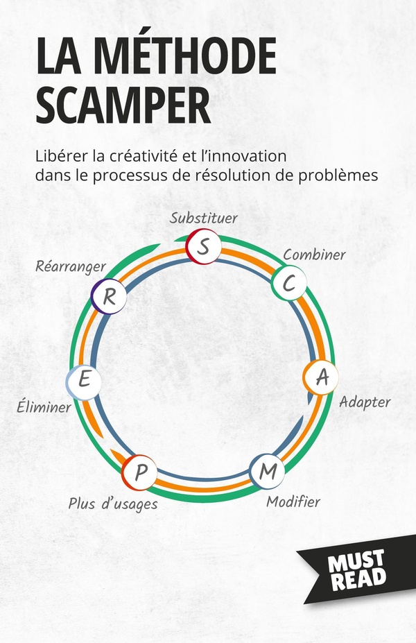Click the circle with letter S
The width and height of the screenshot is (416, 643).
click(x=203, y=246)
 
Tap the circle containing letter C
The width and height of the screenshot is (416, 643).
click(x=289, y=282)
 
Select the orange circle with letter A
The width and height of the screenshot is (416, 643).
click(x=321, y=377)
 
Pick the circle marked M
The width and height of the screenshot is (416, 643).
click(x=267, y=471)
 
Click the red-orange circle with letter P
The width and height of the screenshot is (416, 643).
click(x=139, y=472)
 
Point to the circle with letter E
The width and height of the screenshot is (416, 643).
click(x=84, y=382)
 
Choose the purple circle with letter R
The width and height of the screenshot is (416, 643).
click(x=109, y=296)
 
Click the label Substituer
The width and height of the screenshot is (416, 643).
click(x=204, y=218)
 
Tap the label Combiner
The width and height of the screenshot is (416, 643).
click(x=314, y=255)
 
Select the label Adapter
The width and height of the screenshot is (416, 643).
click(x=365, y=402)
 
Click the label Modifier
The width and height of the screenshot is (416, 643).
click(x=293, y=501)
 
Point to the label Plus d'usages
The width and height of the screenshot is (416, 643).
click(x=113, y=504)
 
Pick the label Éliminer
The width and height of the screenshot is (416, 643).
click(x=44, y=406)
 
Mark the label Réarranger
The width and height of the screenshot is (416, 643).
click(x=71, y=267)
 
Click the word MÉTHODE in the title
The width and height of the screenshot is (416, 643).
click(x=187, y=55)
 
